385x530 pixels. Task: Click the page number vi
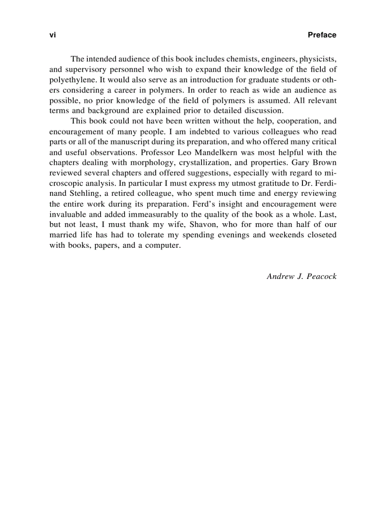coord(52,35)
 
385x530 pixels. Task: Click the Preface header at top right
coord(322,35)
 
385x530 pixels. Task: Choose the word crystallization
coord(207,163)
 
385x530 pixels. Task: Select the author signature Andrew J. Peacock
coord(301,277)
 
